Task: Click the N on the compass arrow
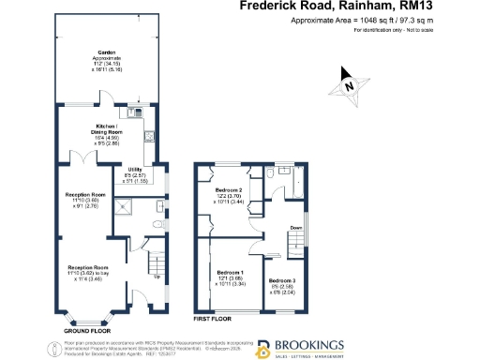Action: coord(348,86)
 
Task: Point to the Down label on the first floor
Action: coord(296,227)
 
